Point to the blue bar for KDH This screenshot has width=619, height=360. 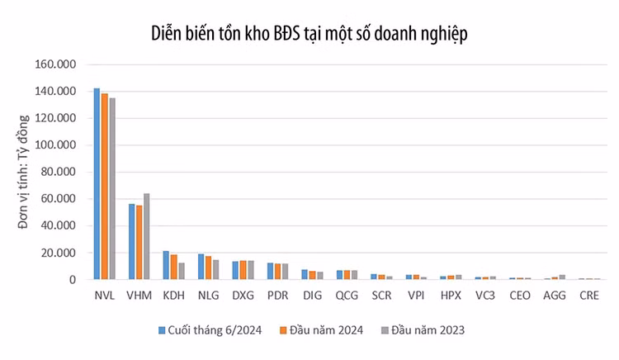tap(166, 265)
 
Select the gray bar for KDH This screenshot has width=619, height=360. tap(181, 271)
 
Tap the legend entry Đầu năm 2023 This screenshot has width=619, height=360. tap(428, 329)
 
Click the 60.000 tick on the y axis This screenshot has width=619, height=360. tap(57, 199)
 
